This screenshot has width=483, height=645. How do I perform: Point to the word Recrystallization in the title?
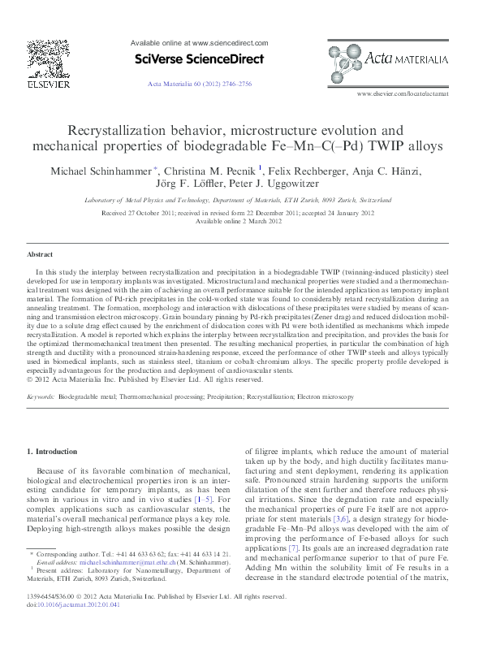121,130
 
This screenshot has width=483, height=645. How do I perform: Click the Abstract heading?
40,253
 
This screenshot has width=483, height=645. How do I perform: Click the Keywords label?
41,396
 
